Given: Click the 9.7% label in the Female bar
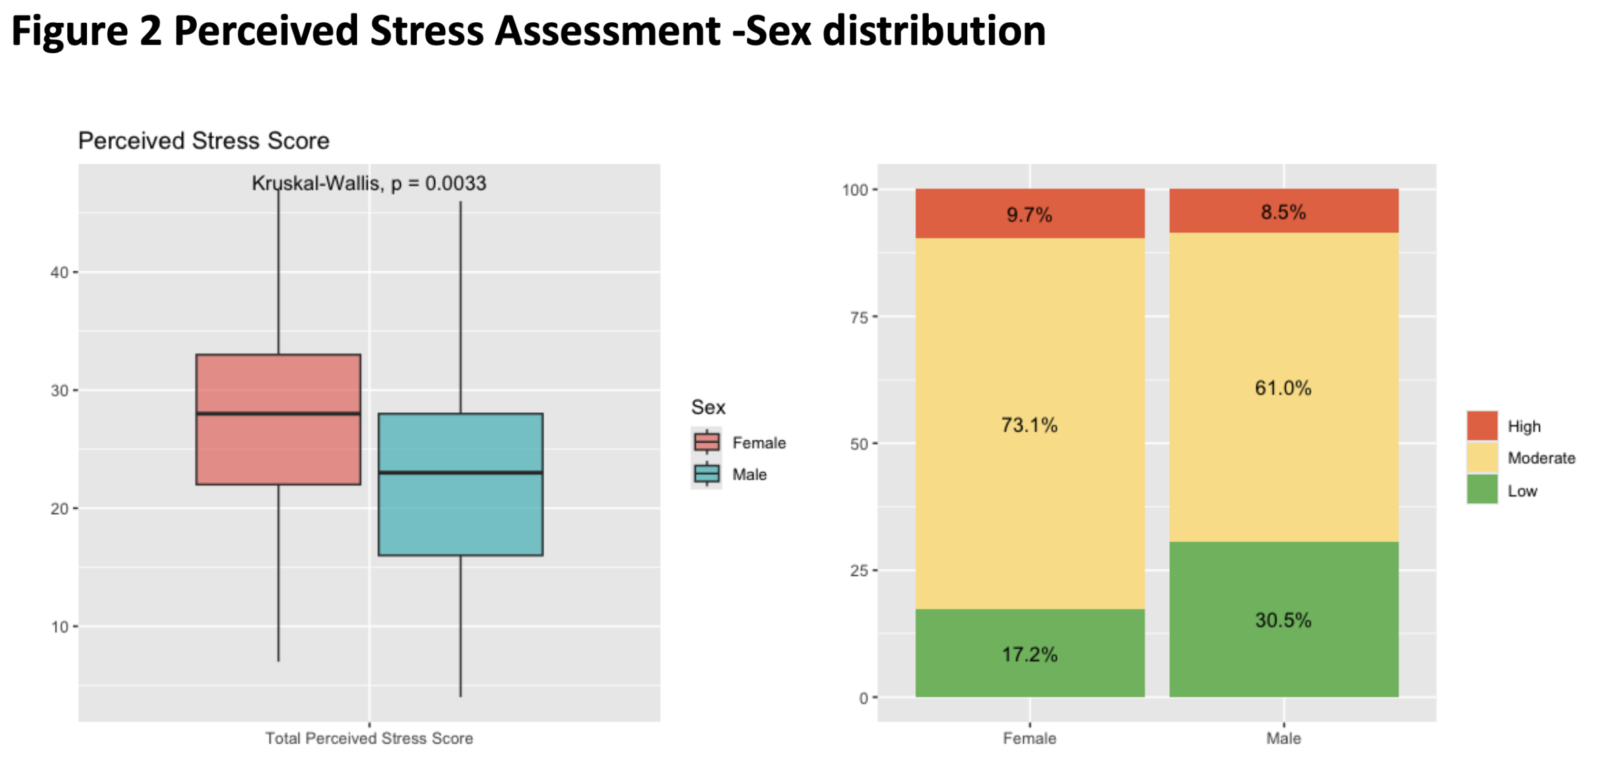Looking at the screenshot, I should point(1029,215).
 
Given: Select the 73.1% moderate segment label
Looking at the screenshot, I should point(1029,425).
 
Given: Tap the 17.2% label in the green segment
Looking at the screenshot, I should point(1029,654).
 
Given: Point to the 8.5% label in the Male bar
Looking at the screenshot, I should point(1283,212).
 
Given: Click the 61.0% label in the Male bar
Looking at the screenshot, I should point(1283,388).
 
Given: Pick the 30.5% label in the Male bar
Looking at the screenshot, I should point(1283,620).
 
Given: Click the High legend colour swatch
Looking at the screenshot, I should point(1482,426).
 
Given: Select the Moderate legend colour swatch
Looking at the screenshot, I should point(1482,458).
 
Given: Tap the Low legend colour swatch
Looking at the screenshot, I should point(1482,490).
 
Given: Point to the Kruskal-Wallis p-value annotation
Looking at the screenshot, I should point(368,183).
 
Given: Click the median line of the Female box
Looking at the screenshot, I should point(278,414).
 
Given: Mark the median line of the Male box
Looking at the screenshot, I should point(461,472).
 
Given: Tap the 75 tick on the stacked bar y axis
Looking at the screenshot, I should point(858,317).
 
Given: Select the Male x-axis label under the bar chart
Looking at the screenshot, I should point(1283,738).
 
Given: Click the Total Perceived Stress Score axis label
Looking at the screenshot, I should point(368,738).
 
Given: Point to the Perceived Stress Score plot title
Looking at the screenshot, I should point(203,141).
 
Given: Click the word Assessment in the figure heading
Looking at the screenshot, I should point(607,31).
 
